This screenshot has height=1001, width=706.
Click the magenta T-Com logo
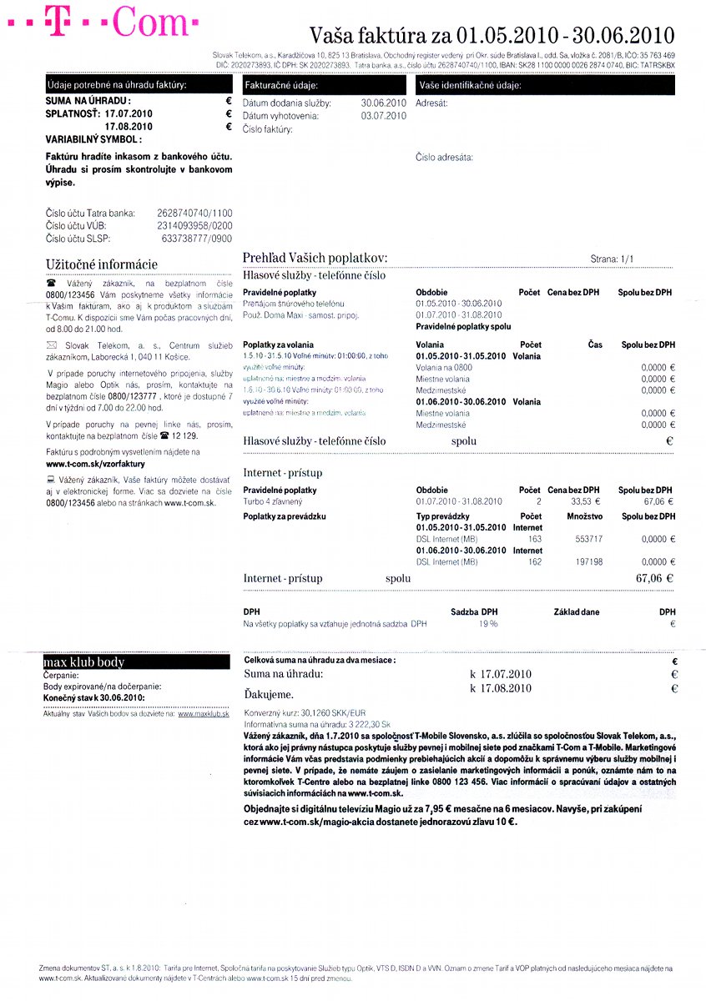[104, 23]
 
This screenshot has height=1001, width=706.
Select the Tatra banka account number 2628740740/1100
[194, 214]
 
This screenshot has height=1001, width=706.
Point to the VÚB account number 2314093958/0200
[194, 225]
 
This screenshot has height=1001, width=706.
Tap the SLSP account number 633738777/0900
[197, 238]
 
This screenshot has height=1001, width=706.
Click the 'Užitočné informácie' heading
[101, 264]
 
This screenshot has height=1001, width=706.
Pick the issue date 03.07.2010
[384, 116]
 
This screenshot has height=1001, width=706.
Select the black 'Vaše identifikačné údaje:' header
[544, 86]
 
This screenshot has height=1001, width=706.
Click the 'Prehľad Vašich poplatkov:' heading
[315, 258]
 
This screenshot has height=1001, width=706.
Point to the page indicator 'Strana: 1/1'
[612, 259]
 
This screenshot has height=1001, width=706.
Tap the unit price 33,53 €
[586, 501]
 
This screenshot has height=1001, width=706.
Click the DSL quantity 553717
[589, 539]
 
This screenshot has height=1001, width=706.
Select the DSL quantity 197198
[589, 562]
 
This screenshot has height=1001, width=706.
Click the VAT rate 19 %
[488, 623]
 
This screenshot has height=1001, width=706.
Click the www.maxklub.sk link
[203, 714]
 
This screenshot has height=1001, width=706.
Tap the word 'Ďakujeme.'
[268, 693]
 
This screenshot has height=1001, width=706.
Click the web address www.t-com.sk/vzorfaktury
[96, 463]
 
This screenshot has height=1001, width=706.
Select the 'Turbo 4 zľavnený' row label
[273, 501]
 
